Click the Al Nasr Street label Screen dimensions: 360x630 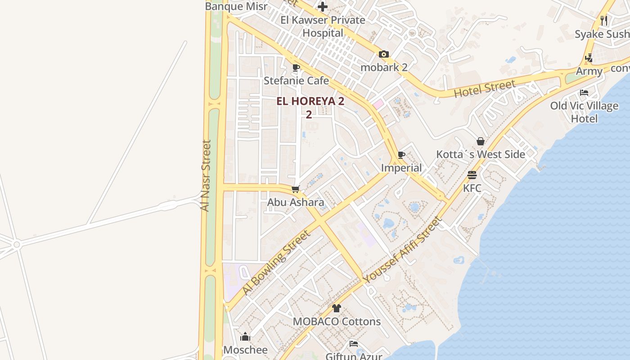coord(205,175)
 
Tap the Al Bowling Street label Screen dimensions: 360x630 coord(276,263)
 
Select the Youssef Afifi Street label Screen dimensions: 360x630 coord(403,250)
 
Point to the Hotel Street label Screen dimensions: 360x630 coord(484,89)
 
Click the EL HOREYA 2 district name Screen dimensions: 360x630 coord(310,101)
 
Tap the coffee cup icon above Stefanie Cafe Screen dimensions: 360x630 coord(296,68)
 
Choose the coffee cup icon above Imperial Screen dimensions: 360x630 coord(401,155)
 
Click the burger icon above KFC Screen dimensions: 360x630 coord(472,175)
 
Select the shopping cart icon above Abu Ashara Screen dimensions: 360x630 coord(296,189)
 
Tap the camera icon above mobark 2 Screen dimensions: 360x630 coord(384,54)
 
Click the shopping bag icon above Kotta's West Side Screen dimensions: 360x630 coord(481,141)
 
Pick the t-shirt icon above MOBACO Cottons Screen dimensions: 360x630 coord(337,308)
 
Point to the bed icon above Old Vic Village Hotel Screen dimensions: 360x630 coord(584,93)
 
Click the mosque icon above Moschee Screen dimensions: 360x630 coord(245,337)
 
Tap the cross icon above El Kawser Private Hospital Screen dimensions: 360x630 coord(323,7)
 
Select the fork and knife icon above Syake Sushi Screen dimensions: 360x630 coord(604,21)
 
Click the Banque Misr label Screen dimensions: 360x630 coord(236,6)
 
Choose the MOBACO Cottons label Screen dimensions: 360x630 coord(337,322)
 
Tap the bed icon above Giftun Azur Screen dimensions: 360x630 coord(354,344)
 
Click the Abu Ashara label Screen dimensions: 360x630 coord(296,202)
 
